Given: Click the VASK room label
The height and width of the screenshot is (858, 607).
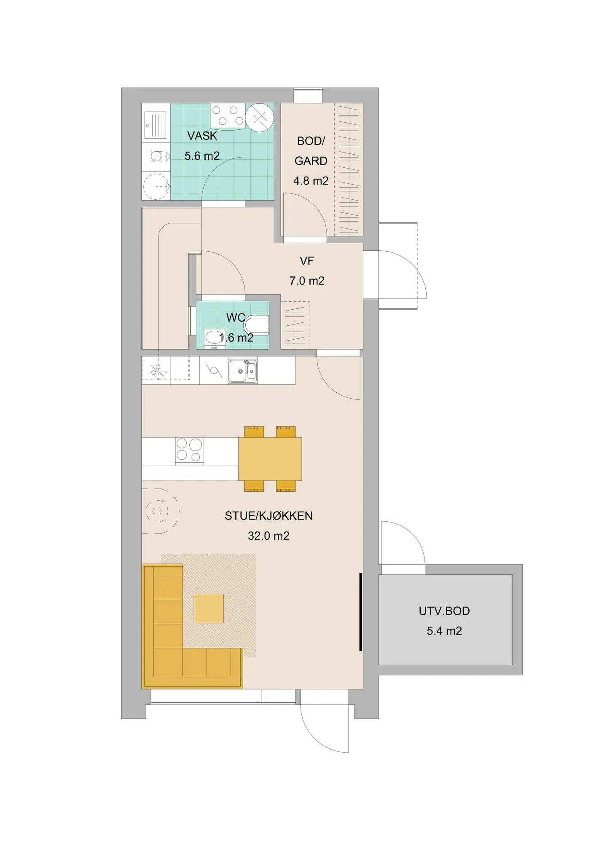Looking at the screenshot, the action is click(x=202, y=136).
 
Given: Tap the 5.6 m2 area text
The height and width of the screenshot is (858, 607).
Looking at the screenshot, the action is click(x=202, y=156).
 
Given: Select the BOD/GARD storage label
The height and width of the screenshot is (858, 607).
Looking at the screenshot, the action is click(x=311, y=151).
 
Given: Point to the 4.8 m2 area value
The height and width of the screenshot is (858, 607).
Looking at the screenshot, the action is click(x=311, y=181).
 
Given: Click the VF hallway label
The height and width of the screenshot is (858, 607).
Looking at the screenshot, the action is click(x=307, y=261).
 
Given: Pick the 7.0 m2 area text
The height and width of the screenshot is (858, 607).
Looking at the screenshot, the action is click(x=307, y=281).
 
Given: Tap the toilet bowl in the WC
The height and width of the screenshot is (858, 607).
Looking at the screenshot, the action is click(x=256, y=325).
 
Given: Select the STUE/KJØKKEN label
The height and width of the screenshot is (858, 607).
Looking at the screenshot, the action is click(x=269, y=516).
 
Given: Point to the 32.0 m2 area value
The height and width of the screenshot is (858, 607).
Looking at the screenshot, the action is click(x=269, y=536).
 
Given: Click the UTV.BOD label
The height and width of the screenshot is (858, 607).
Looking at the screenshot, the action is click(x=444, y=611).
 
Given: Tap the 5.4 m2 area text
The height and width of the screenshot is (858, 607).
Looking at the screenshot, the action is click(x=444, y=631).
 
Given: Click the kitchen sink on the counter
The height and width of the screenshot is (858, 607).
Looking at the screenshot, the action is click(x=242, y=371).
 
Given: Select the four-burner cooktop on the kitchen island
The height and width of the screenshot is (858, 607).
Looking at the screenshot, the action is click(x=189, y=451).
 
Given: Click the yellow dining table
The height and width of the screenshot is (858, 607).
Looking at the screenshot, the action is click(x=270, y=459).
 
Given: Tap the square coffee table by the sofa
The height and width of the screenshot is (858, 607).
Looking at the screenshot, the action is click(x=209, y=608).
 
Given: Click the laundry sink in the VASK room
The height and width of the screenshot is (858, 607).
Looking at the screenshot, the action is click(x=156, y=125).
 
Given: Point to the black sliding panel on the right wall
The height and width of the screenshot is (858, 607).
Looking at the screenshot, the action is click(x=361, y=612).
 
